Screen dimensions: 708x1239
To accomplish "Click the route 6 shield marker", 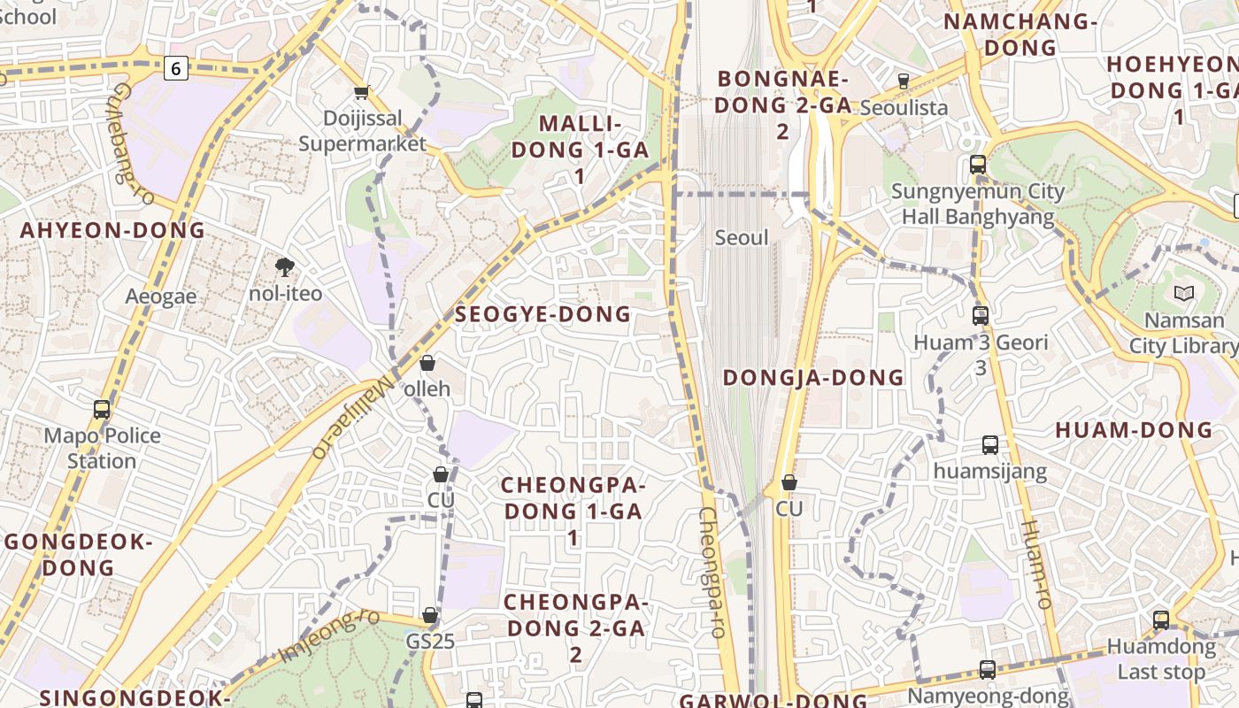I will (176, 67).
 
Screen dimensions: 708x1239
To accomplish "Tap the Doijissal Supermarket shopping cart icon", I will (361, 93).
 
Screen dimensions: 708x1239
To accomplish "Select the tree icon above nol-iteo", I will (285, 266).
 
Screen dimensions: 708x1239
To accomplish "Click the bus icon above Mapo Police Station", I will (102, 409).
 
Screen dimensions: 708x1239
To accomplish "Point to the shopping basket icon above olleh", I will (427, 363).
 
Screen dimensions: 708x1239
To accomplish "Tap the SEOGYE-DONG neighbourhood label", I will (543, 314).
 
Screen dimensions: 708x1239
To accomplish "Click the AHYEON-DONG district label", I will (112, 231).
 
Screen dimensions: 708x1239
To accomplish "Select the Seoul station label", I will (742, 237).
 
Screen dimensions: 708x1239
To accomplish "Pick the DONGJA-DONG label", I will (813, 378).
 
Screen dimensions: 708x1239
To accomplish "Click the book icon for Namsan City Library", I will (1183, 293).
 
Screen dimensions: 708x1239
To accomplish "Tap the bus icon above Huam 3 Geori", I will (980, 315).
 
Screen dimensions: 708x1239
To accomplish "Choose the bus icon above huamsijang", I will (989, 445).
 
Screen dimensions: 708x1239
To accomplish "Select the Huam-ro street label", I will (1035, 563).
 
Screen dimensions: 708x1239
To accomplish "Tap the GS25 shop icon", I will (430, 615).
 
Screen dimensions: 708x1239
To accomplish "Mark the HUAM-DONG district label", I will (1133, 431).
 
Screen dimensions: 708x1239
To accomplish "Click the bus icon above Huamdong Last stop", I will (1160, 620).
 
